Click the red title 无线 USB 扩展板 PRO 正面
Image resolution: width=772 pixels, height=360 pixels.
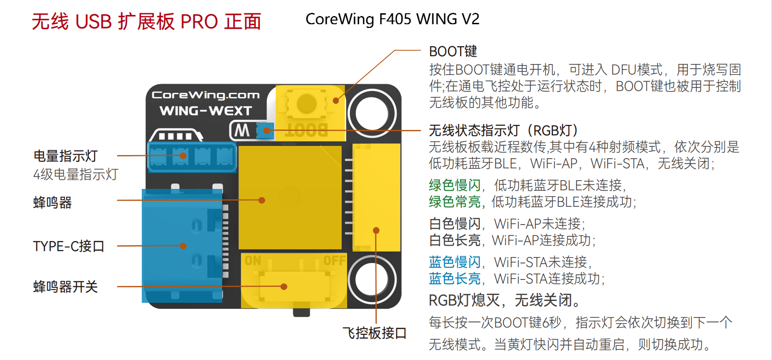146,21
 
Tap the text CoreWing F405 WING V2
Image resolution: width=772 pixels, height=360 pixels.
392,19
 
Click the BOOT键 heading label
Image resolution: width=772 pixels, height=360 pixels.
453,51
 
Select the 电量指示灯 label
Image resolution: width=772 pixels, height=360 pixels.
65,156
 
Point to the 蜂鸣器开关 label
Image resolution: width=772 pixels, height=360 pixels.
65,287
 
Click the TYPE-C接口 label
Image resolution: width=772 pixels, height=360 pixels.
69,246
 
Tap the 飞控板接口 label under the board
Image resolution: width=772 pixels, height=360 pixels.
375,333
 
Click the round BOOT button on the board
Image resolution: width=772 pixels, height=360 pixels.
307,103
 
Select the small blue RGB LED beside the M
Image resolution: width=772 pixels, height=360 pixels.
265,131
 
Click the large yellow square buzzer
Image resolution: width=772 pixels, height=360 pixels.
290,198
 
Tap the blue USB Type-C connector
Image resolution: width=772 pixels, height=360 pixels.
182,246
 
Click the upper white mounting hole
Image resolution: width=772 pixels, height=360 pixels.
372,113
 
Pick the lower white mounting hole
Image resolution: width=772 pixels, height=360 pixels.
372,280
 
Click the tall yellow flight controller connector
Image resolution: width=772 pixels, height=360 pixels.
376,197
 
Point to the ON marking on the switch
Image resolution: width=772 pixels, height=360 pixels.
253,261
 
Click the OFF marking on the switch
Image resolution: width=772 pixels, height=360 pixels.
334,261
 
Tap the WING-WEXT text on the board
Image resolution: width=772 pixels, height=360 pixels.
206,111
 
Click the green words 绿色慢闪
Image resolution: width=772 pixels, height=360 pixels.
455,185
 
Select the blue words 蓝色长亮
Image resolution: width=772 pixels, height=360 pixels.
455,279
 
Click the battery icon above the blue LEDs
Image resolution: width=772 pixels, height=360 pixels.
176,135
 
